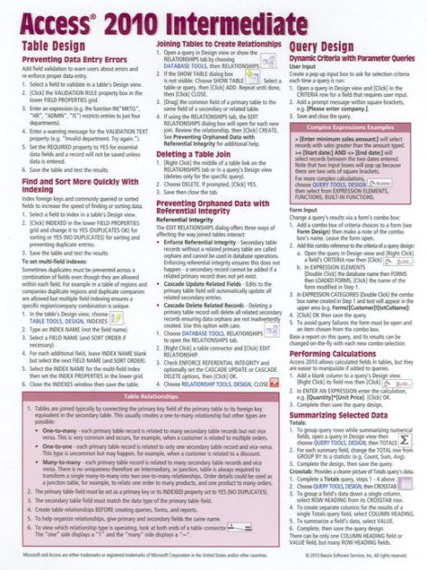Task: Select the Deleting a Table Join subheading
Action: point(193,155)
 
